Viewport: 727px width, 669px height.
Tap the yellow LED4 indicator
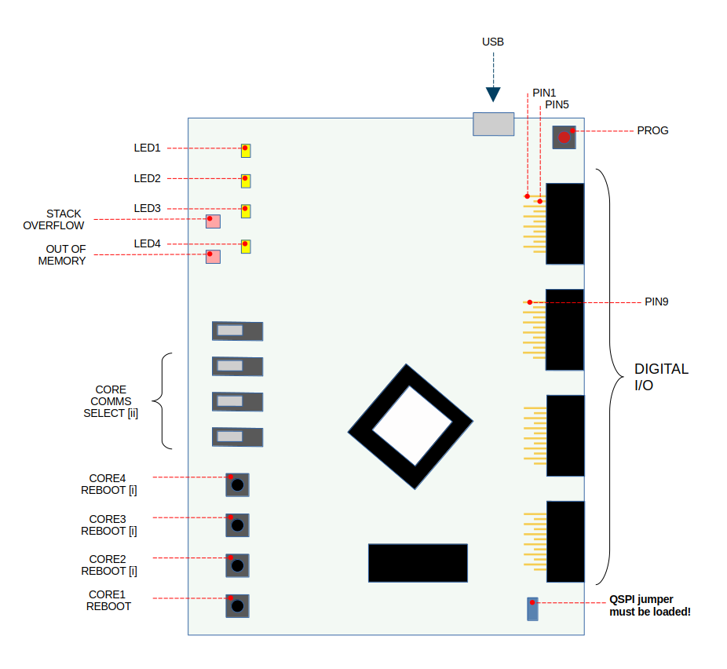point(246,246)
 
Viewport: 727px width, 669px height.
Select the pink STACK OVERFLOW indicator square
point(213,221)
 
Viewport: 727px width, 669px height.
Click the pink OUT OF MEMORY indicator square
point(213,256)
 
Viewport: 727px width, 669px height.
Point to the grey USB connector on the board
point(493,124)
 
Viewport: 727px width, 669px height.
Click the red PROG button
point(564,137)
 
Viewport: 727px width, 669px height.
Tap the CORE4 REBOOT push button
point(237,484)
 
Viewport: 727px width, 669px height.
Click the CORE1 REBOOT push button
point(237,605)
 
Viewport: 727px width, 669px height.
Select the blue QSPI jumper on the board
point(532,609)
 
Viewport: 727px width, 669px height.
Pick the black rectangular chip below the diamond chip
point(418,563)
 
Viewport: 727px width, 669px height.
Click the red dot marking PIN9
point(530,302)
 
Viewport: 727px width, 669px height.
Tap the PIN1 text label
point(544,93)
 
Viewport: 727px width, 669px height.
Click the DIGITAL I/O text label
point(661,376)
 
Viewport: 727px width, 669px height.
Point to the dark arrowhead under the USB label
point(492,94)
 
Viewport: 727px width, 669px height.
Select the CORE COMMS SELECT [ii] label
point(111,401)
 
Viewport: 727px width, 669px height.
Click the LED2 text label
point(147,178)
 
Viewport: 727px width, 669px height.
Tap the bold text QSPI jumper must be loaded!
point(650,605)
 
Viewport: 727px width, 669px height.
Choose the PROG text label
point(653,130)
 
